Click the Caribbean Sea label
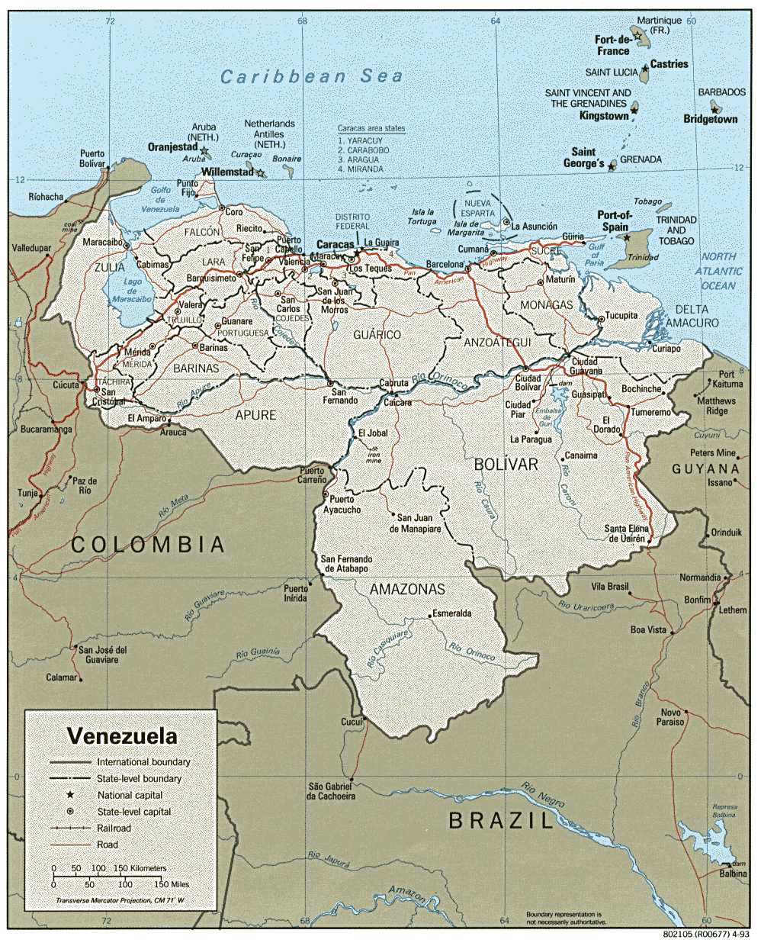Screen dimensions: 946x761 [310, 76]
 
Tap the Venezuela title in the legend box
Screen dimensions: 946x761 [121, 737]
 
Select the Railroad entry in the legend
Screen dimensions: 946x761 [113, 828]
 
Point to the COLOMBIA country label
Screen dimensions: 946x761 [148, 544]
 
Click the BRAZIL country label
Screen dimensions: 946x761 [500, 821]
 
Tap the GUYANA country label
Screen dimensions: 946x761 [705, 468]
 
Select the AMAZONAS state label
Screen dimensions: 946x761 [407, 590]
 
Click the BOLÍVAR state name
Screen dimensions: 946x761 [506, 464]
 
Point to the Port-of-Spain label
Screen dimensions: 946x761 [614, 221]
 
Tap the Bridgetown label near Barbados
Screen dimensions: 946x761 [710, 119]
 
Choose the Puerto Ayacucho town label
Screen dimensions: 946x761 [341, 504]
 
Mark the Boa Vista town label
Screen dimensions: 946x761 [647, 630]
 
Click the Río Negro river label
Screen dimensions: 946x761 [543, 794]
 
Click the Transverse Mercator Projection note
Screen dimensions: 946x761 [120, 901]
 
